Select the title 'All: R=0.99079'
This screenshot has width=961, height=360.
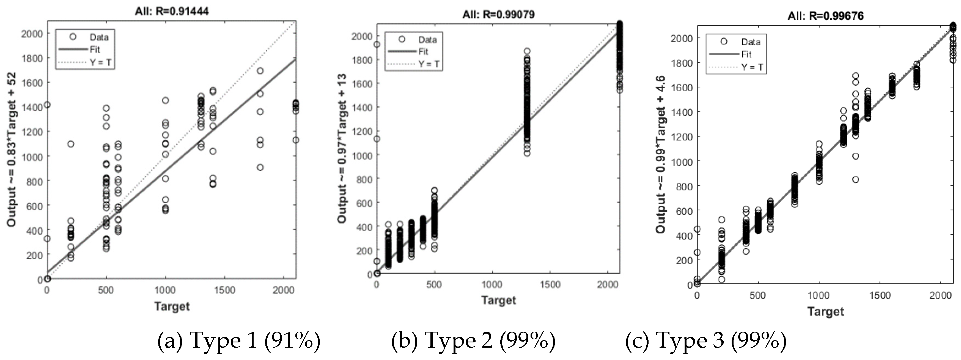498,15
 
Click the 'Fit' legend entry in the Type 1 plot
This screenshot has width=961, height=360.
95,50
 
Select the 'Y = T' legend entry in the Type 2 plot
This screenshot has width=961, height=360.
429,64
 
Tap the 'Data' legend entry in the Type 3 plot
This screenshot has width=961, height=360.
751,42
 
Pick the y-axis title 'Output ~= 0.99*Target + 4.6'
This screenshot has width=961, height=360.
661,155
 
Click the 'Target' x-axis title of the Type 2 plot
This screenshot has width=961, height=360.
498,300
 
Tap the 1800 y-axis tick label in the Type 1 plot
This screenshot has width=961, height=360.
32,58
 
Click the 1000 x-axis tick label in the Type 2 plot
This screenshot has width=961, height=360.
492,285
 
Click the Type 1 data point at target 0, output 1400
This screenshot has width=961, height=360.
47,105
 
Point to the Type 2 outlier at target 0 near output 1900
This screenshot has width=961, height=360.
377,44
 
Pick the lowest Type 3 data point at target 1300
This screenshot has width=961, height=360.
855,179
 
